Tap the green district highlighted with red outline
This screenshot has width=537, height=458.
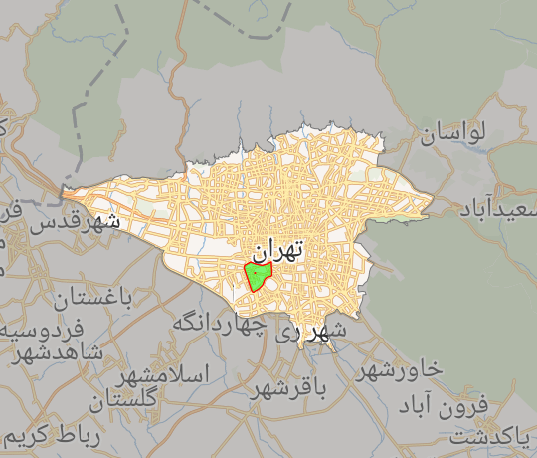coord(258,275)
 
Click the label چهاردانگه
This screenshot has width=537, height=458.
coord(219,323)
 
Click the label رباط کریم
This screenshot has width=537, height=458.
coord(52,437)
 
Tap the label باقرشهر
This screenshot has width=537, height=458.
coord(289,385)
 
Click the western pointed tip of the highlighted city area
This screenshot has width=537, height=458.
coord(62,190)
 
